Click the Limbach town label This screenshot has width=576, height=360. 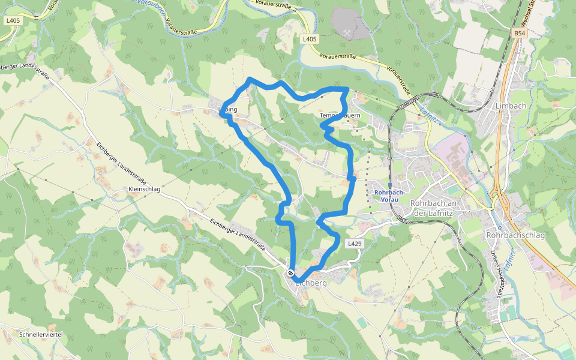[x=511, y=106]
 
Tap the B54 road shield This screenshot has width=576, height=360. [x=520, y=34]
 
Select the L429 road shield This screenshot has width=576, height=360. [x=354, y=244]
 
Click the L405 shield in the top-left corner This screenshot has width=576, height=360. [x=12, y=20]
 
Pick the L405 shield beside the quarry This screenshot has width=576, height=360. [x=309, y=39]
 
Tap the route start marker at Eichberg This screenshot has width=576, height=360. [x=290, y=273]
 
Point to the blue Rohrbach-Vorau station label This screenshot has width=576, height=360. [x=390, y=196]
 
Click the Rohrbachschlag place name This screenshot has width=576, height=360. [x=515, y=235]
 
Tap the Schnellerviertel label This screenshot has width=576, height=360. [x=41, y=334]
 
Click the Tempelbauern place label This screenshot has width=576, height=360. [x=340, y=115]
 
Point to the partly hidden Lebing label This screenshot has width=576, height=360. [x=232, y=110]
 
